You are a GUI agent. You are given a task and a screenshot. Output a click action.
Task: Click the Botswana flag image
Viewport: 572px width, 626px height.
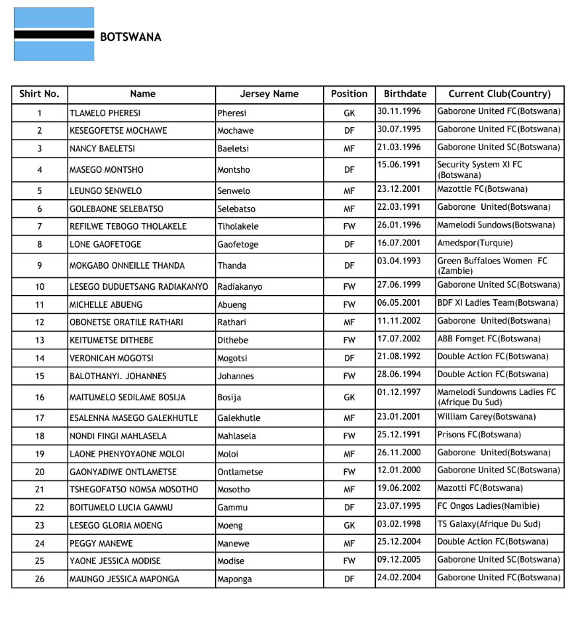pyautogui.click(x=54, y=34)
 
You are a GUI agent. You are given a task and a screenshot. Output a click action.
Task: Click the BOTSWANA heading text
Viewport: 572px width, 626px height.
pyautogui.click(x=130, y=37)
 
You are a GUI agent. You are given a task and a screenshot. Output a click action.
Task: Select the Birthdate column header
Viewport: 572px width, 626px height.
pyautogui.click(x=405, y=94)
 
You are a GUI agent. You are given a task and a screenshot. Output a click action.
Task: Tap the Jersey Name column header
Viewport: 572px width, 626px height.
pyautogui.click(x=269, y=94)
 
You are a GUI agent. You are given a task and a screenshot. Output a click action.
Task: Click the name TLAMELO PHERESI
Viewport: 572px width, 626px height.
pyautogui.click(x=105, y=113)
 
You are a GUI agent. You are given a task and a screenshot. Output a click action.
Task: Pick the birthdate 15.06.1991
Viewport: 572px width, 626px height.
pyautogui.click(x=399, y=164)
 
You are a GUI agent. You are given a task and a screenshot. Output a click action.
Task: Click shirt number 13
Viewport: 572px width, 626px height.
pyautogui.click(x=40, y=340)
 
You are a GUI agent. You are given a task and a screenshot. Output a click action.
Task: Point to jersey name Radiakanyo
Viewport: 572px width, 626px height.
pyautogui.click(x=240, y=287)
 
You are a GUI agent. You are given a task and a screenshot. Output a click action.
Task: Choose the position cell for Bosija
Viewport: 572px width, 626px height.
pyautogui.click(x=349, y=398)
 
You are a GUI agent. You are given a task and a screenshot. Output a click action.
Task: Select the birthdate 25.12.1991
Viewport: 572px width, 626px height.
pyautogui.click(x=399, y=435)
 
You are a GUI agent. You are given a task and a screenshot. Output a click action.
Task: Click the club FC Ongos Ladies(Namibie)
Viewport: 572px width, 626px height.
pyautogui.click(x=488, y=506)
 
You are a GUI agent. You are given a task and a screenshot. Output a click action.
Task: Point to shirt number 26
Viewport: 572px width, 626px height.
pyautogui.click(x=40, y=579)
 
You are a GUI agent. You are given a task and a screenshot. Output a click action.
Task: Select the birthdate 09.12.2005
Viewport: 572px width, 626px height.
pyautogui.click(x=399, y=559)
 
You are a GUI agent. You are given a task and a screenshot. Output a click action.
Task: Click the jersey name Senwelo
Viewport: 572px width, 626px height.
pyautogui.click(x=234, y=191)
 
